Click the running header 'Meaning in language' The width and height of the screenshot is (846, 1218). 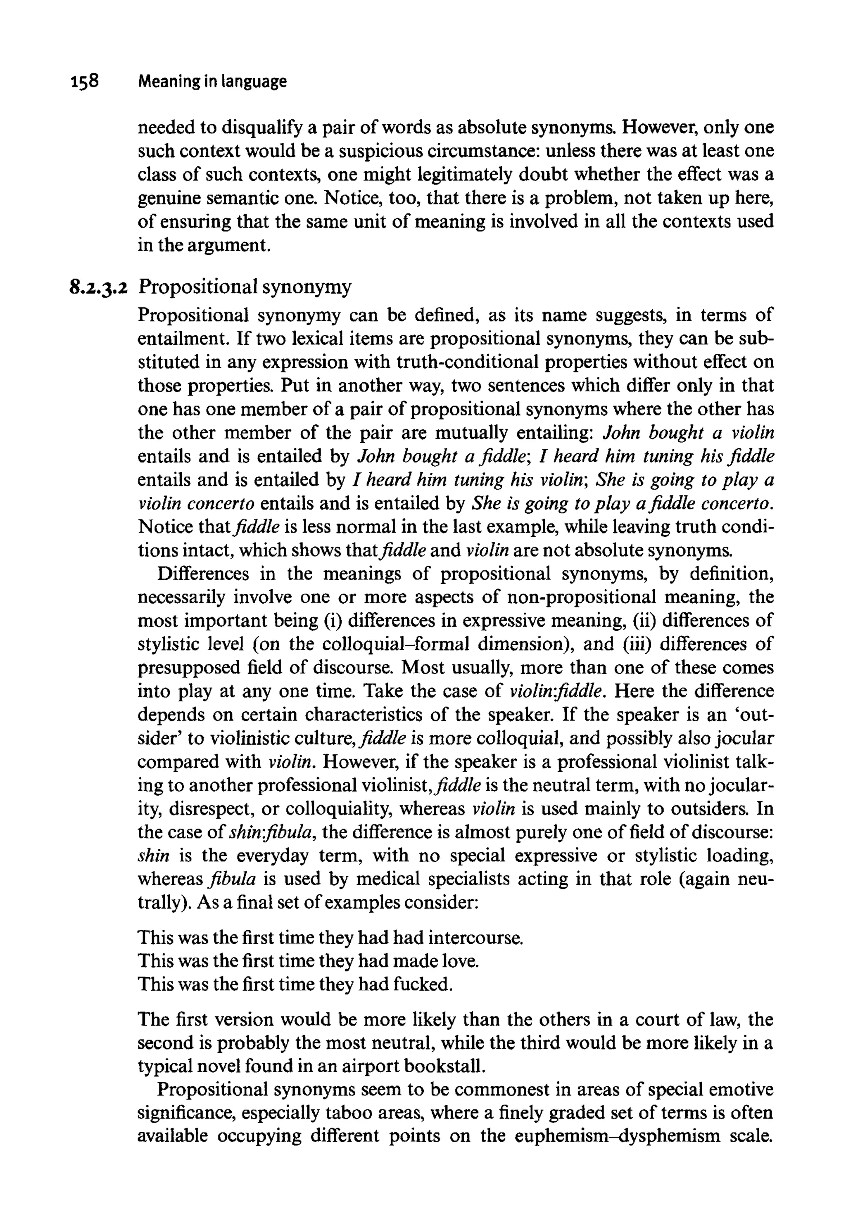(212, 82)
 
